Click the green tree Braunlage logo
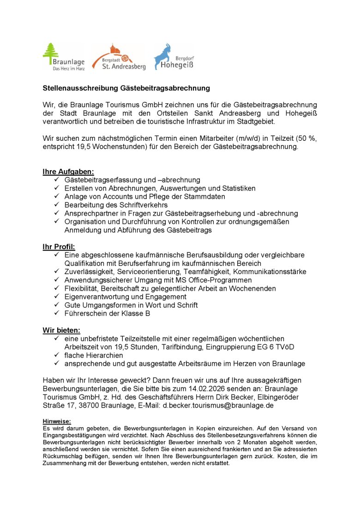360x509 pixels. (63, 57)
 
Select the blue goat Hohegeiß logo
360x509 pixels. (173, 57)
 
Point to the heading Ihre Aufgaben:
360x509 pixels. (68, 172)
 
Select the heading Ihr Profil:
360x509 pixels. (59, 246)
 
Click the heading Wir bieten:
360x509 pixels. (61, 330)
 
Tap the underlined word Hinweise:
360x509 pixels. (57, 421)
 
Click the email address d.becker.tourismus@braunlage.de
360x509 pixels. (218, 405)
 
